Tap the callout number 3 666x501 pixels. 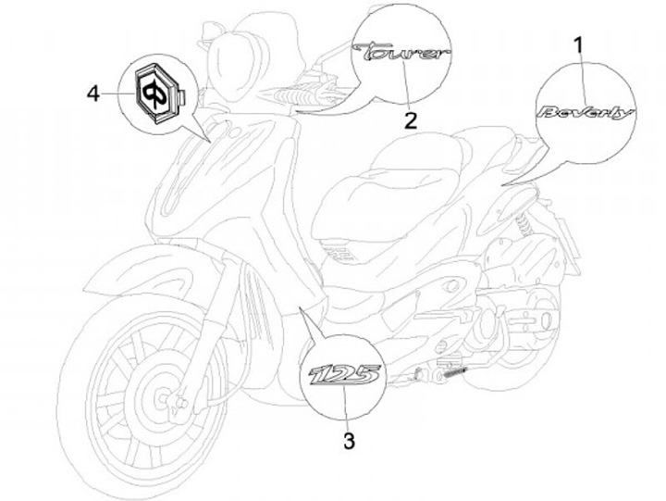348,441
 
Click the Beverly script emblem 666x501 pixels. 585,113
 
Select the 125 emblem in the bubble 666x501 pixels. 343,378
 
